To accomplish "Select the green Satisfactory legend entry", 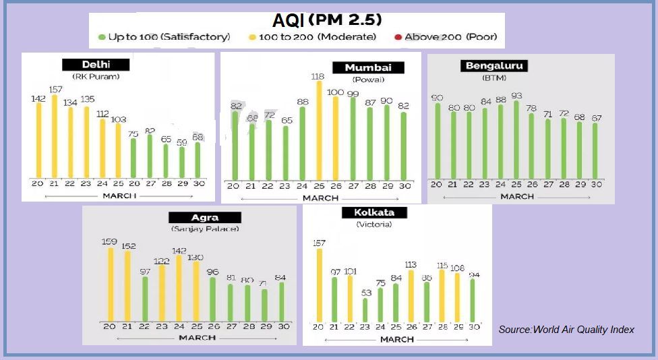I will pos(164,36).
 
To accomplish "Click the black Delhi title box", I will pos(96,65).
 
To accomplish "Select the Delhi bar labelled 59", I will pos(182,162).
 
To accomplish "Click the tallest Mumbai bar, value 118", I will pos(319,131).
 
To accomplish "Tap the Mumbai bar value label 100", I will pos(335,92).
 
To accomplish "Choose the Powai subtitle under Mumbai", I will pos(367,80).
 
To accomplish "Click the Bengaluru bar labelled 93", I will pos(516,138).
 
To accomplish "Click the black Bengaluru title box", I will pos(494,65).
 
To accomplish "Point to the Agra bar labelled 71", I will pos(264,305).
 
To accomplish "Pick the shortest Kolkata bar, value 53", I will pos(365,309).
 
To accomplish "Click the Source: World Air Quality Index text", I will pos(566,330).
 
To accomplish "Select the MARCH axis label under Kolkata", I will pos(396,339).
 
